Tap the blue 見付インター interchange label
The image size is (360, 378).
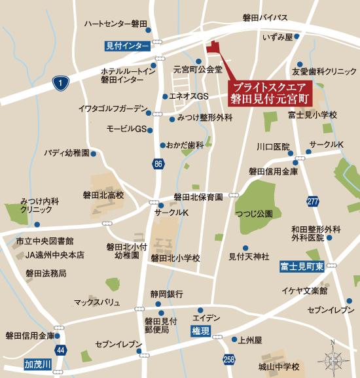tap(128, 46)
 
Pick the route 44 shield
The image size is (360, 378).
tap(60, 351)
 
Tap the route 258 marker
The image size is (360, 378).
tap(228, 360)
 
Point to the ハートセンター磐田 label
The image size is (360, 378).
tap(115, 24)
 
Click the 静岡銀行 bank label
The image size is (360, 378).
tap(166, 294)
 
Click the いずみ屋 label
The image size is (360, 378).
tap(277, 38)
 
